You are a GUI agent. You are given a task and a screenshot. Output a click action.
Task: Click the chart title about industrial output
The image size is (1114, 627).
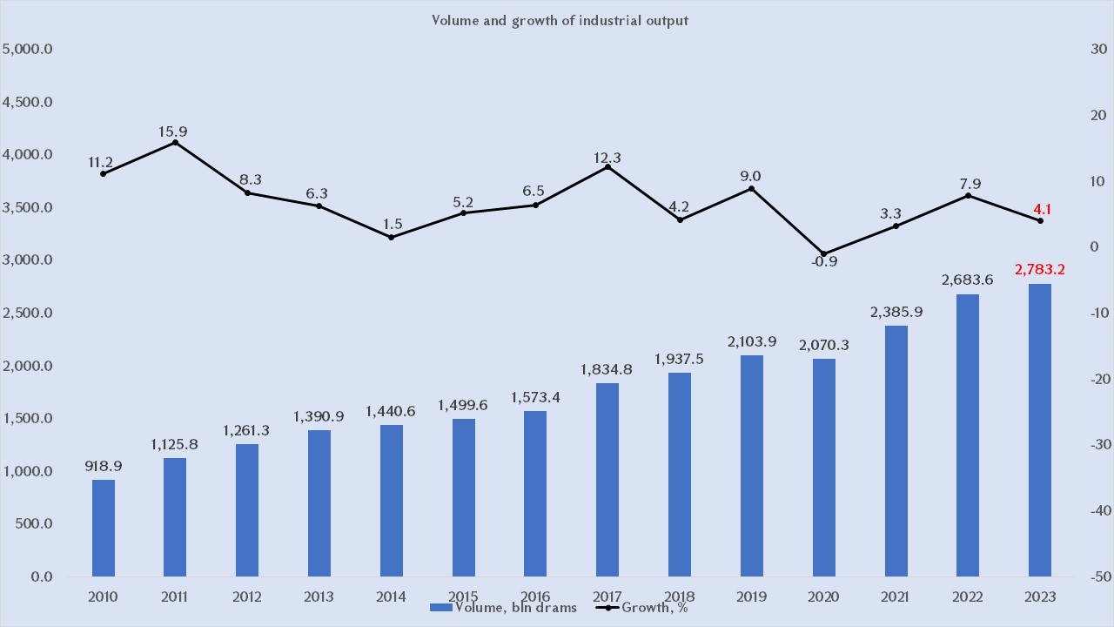coord(560,20)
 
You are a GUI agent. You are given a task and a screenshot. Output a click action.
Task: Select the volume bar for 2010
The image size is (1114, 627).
coord(103,528)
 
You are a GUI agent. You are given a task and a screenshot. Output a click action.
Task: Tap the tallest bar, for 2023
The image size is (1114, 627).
coord(1040,430)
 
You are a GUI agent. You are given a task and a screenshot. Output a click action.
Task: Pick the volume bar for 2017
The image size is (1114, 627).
coord(608,480)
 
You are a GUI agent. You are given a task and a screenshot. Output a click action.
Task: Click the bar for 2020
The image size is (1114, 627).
coord(824,468)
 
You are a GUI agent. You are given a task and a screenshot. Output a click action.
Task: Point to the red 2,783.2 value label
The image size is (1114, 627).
coord(1040,270)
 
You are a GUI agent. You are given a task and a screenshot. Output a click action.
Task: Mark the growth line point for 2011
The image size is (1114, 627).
coord(175,142)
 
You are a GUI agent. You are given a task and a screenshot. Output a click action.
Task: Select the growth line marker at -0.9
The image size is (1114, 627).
coord(824,253)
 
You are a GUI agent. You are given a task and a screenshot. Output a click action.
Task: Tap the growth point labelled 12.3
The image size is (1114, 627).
coord(608,166)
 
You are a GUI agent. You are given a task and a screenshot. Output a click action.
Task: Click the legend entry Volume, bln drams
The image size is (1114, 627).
coord(504,607)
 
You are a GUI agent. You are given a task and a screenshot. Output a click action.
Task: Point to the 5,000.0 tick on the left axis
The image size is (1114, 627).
coord(29,50)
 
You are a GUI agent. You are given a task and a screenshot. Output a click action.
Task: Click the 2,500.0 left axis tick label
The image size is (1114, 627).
coord(29,313)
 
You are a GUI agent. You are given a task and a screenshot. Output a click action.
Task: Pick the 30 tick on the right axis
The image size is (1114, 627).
coord(1098,50)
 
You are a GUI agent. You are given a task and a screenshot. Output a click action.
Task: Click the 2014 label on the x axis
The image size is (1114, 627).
coord(392,597)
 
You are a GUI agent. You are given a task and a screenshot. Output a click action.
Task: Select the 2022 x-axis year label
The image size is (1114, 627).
coord(968,597)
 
